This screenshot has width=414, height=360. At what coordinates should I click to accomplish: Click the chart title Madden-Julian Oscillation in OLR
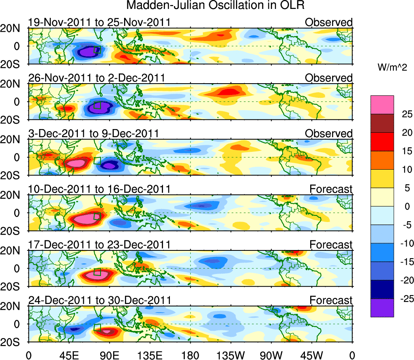tap(215, 6)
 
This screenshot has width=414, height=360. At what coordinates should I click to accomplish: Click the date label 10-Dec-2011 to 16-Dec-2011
tap(99, 189)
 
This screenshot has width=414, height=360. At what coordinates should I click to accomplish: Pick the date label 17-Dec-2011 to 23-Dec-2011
tap(99, 245)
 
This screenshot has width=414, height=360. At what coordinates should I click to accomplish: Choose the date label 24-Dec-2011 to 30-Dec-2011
tap(99, 300)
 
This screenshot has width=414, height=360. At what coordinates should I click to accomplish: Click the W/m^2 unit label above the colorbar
tap(392, 67)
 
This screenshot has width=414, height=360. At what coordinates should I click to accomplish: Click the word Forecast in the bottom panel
tap(331, 300)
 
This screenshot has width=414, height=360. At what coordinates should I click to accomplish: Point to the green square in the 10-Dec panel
tap(97, 216)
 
